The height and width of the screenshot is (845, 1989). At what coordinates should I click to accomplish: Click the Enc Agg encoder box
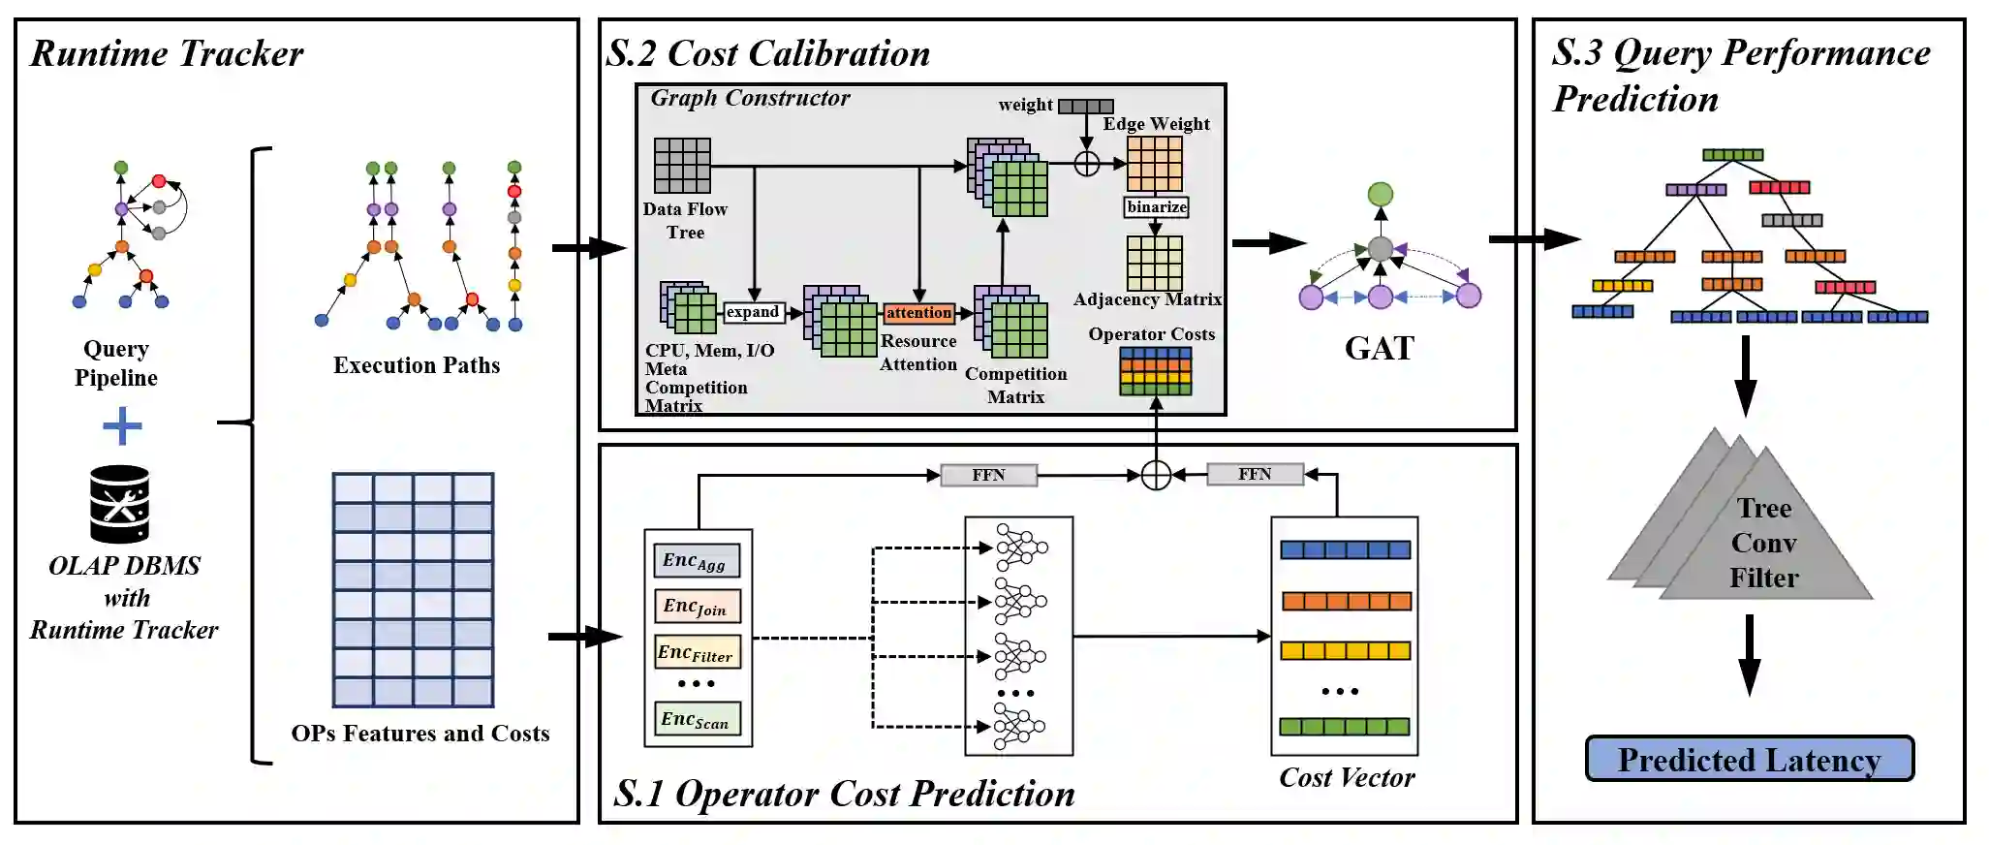tap(697, 560)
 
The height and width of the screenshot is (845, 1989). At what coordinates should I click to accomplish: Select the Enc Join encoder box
tap(697, 606)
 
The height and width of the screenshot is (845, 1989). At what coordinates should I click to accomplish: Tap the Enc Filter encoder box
tap(697, 651)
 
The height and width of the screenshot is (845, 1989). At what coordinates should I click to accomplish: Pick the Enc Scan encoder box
tap(697, 718)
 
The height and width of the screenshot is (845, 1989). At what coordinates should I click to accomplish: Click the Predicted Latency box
tap(1749, 759)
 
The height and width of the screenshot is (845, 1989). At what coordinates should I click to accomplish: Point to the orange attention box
tap(918, 313)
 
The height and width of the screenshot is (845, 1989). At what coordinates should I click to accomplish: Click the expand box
tap(753, 312)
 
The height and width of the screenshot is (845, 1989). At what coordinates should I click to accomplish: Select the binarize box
tap(1156, 206)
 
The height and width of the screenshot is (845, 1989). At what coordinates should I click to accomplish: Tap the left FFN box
tap(988, 475)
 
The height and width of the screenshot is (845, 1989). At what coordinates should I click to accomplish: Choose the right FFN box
tap(1255, 474)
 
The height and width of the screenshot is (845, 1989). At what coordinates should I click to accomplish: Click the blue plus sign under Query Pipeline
tap(122, 425)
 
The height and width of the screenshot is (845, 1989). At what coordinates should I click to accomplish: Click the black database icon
tap(119, 504)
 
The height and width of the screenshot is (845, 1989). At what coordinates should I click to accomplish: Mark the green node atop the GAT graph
tap(1381, 194)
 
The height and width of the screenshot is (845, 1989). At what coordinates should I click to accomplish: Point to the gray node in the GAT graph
tap(1381, 249)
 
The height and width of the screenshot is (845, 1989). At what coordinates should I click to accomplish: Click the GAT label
tap(1380, 348)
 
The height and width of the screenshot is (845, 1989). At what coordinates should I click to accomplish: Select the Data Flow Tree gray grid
tap(682, 166)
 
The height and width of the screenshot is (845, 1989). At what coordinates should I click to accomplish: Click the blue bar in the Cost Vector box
tap(1346, 550)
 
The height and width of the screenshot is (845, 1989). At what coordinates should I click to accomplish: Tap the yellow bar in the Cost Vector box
tap(1346, 650)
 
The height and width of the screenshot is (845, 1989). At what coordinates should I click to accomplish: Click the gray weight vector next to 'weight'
tap(1086, 106)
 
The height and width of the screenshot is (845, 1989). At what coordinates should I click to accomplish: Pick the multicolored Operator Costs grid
tap(1156, 371)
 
